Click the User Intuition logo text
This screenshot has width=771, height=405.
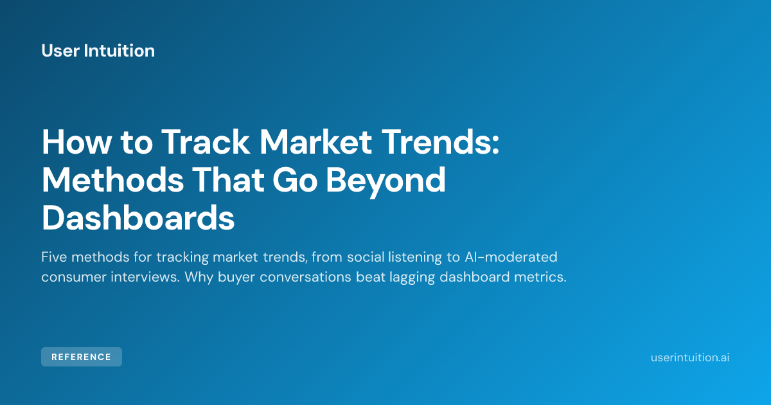[98, 51]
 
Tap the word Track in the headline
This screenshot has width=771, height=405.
[206, 142]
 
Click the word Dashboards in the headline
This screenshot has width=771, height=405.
[138, 218]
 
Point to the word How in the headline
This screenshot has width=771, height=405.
[76, 142]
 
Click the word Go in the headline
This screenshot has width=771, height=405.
[295, 179]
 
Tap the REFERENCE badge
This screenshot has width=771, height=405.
[82, 357]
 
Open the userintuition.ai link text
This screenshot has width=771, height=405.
[690, 357]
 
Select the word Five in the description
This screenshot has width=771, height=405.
[54, 257]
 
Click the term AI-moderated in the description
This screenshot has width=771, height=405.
[511, 257]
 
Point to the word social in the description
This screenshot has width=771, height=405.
[366, 257]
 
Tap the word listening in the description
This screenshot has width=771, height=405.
[415, 258]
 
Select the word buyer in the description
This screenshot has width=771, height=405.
[236, 278]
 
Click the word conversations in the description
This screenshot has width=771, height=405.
[305, 277]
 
